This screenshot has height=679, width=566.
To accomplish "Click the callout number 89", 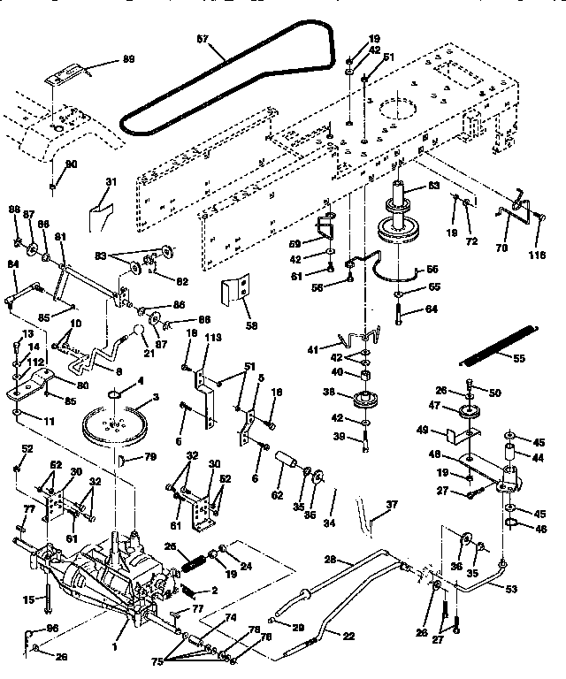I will pyautogui.click(x=128, y=58).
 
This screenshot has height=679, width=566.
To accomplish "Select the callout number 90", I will pyautogui.click(x=72, y=164).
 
